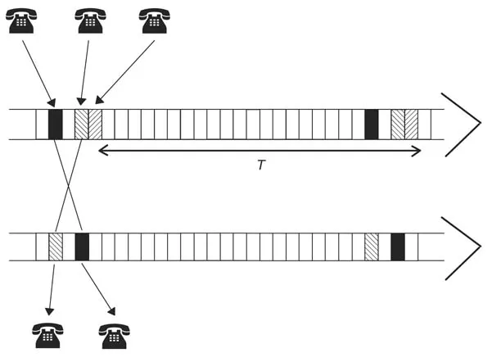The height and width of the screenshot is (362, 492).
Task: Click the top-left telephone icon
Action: pos(21,21)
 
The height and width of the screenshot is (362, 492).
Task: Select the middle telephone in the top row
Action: pos(90,21)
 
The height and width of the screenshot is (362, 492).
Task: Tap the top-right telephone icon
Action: pos(154,21)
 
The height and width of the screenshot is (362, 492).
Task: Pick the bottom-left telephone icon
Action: pos(47,335)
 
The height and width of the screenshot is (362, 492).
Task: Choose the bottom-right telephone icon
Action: pos(113,335)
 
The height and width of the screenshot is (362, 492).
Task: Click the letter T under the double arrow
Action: pos(261,165)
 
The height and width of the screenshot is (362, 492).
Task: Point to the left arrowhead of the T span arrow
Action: pos(102,151)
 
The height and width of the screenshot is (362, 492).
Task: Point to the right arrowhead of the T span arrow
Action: pos(418,151)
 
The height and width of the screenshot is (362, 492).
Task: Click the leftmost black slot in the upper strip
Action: pos(56,124)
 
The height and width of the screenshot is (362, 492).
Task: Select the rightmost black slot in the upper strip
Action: pos(372,124)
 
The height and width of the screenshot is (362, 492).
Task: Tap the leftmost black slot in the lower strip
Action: pos(82,247)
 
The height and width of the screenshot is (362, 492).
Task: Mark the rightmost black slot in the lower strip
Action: pos(398,247)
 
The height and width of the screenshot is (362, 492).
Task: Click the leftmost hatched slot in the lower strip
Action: pos(56,247)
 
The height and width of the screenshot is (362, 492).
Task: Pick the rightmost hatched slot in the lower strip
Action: pos(372,247)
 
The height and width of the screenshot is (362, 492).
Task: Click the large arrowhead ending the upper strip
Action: pos(463,124)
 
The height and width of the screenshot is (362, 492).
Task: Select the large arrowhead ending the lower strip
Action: pos(463,247)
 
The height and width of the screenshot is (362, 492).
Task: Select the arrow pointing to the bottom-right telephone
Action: pos(98,288)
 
